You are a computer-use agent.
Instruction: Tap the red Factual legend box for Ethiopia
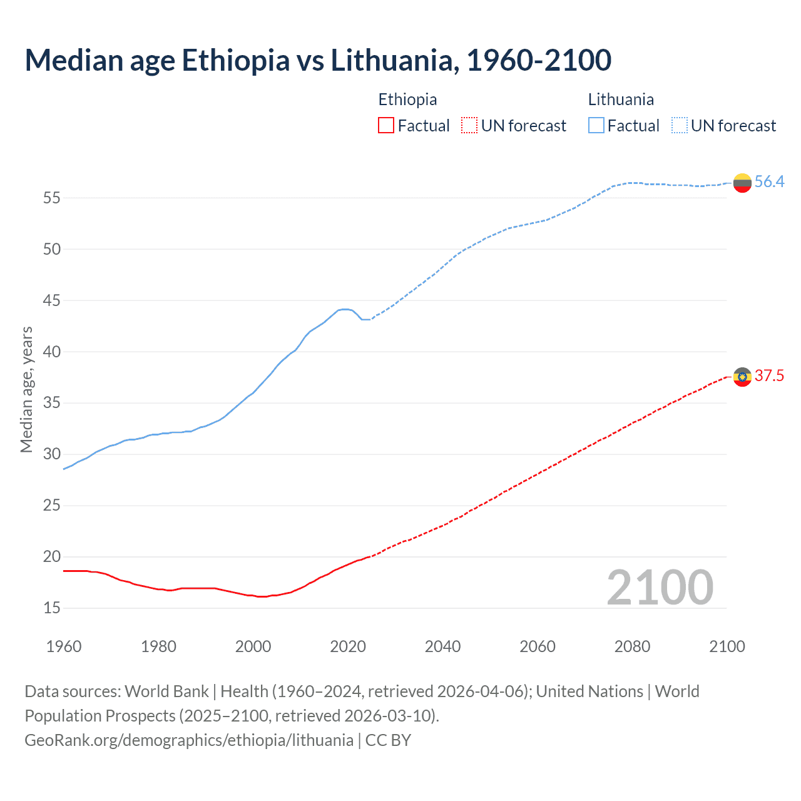[x=386, y=125]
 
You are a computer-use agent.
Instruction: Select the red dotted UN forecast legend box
[x=469, y=125]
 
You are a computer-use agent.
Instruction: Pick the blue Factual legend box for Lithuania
[x=596, y=125]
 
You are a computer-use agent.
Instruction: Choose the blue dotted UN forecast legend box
[x=679, y=125]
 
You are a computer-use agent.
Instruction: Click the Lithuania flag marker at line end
[x=742, y=183]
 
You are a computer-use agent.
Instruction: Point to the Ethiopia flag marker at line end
[x=742, y=377]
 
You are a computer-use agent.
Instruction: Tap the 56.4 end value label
[x=769, y=181]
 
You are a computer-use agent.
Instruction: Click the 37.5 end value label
[x=769, y=375]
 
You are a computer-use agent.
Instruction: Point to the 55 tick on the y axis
[x=52, y=198]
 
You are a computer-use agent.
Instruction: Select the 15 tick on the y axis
[x=52, y=608]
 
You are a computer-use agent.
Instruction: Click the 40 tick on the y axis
[x=52, y=352]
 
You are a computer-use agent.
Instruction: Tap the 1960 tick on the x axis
[x=64, y=646]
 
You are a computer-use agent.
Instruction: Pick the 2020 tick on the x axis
[x=348, y=646]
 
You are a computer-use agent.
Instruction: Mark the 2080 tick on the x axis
[x=632, y=646]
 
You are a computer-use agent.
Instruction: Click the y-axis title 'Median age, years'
[x=26, y=389]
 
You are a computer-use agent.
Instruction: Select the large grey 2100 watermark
[x=660, y=587]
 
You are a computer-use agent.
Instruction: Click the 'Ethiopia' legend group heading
[x=407, y=99]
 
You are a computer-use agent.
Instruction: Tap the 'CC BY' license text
[x=388, y=740]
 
